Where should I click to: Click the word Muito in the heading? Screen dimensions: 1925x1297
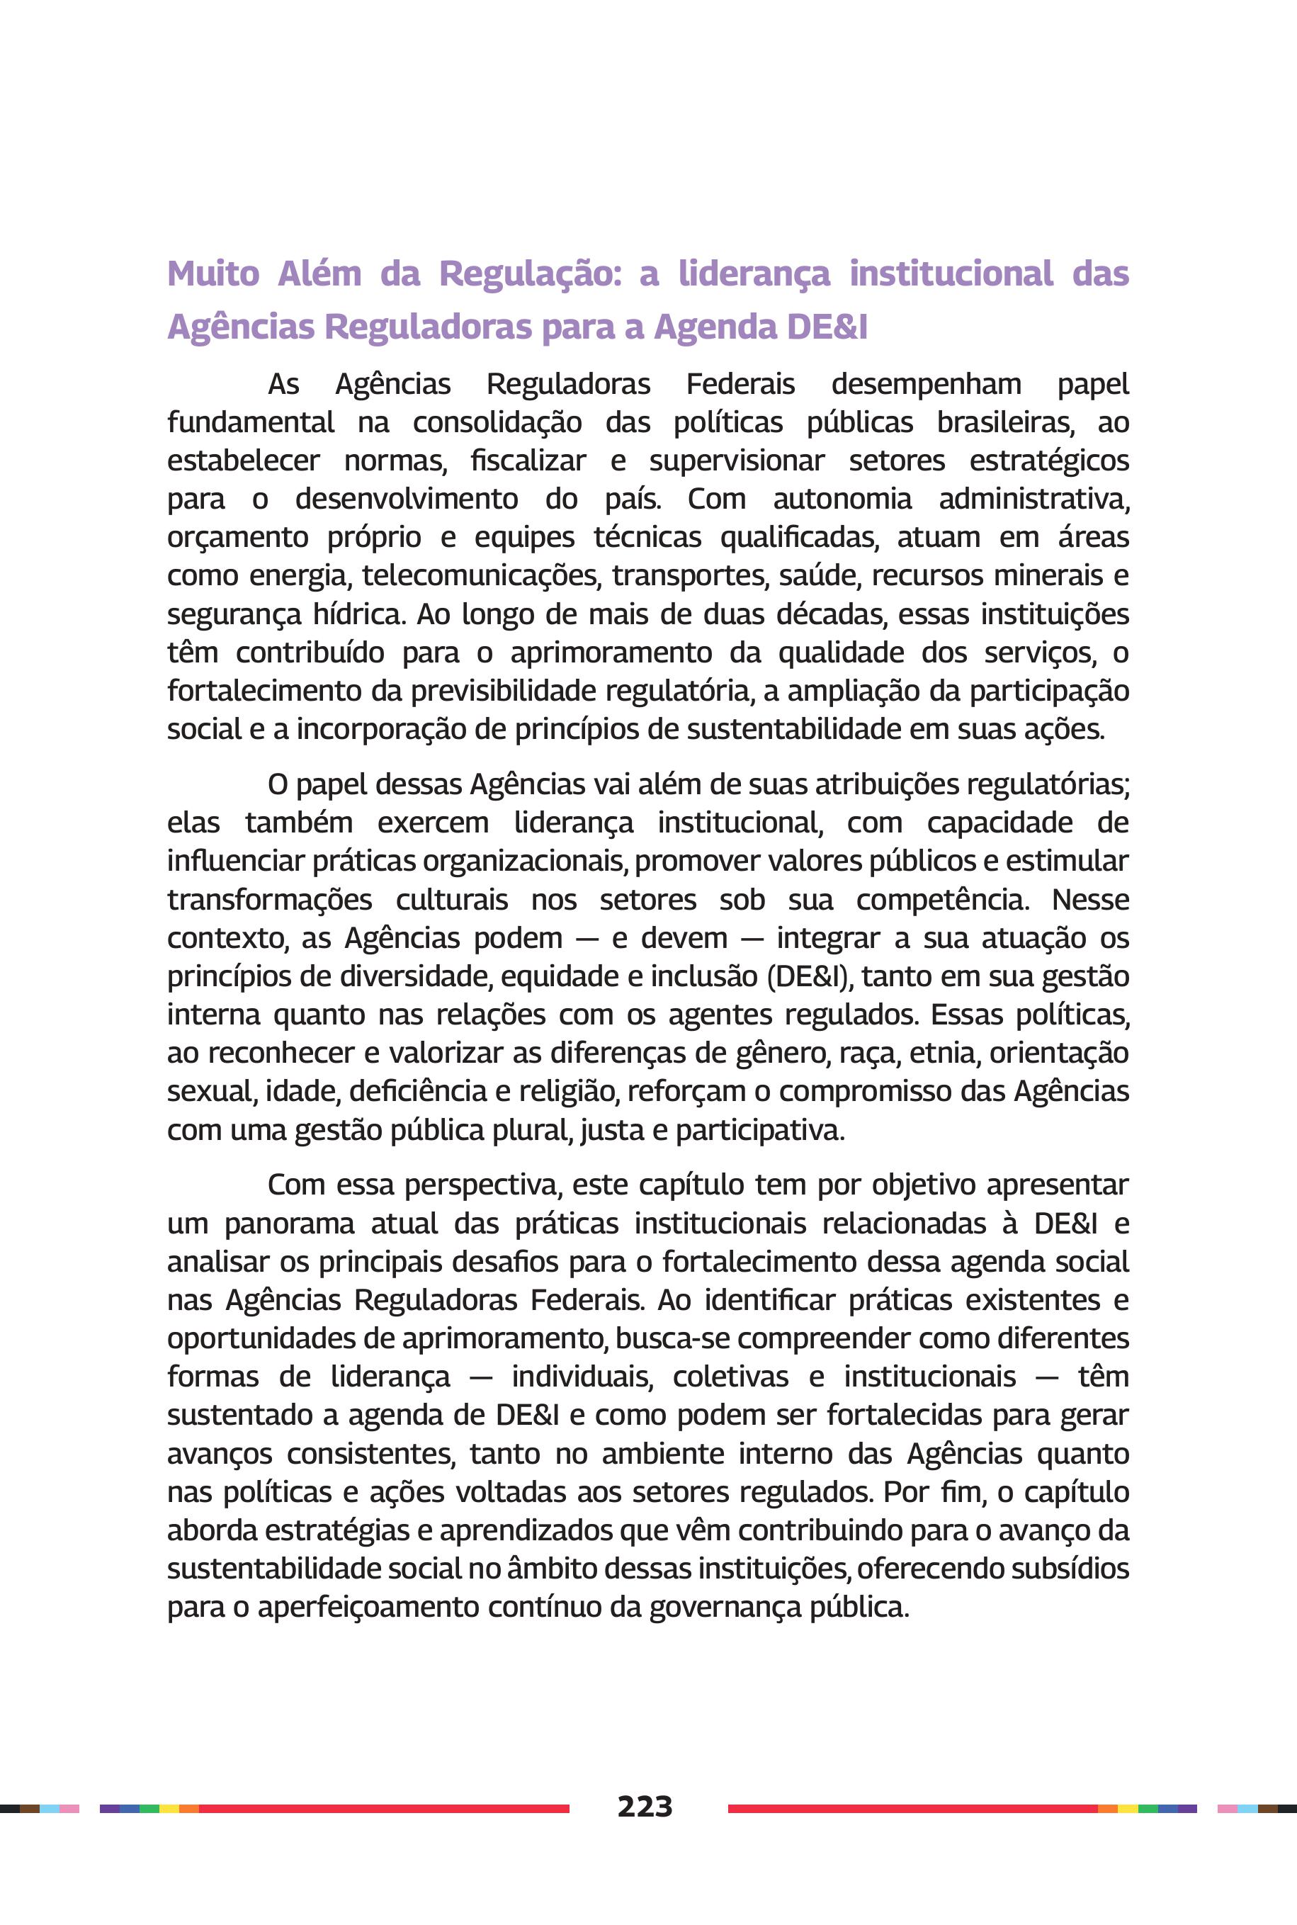tap(213, 273)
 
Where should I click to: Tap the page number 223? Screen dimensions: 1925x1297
tap(645, 1806)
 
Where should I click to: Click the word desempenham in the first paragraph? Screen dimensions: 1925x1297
tap(926, 385)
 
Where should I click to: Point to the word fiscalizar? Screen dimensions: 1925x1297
tap(528, 461)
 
